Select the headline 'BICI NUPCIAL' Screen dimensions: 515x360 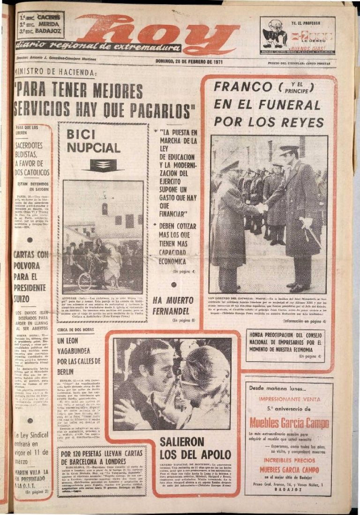(x=93, y=142)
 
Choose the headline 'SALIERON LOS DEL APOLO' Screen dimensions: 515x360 (x=195, y=448)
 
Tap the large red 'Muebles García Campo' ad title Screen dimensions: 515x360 (x=289, y=423)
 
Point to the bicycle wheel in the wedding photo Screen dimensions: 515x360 (x=85, y=281)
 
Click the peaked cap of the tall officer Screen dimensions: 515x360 (x=289, y=149)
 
